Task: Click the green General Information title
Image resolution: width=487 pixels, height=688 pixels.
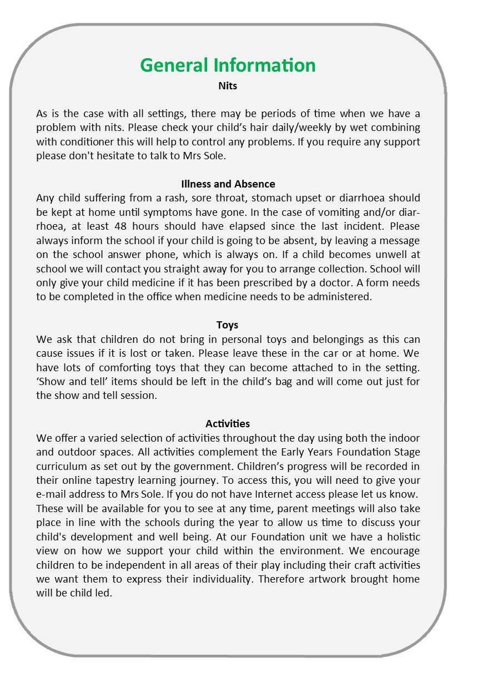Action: click(228, 65)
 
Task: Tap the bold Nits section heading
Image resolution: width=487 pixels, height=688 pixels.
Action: click(228, 86)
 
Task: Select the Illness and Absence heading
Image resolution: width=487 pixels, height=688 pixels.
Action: click(228, 184)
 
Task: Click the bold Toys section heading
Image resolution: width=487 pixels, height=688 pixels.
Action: click(228, 325)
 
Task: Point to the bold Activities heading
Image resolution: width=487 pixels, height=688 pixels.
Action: click(228, 424)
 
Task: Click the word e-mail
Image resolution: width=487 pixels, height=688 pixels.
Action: click(51, 494)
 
